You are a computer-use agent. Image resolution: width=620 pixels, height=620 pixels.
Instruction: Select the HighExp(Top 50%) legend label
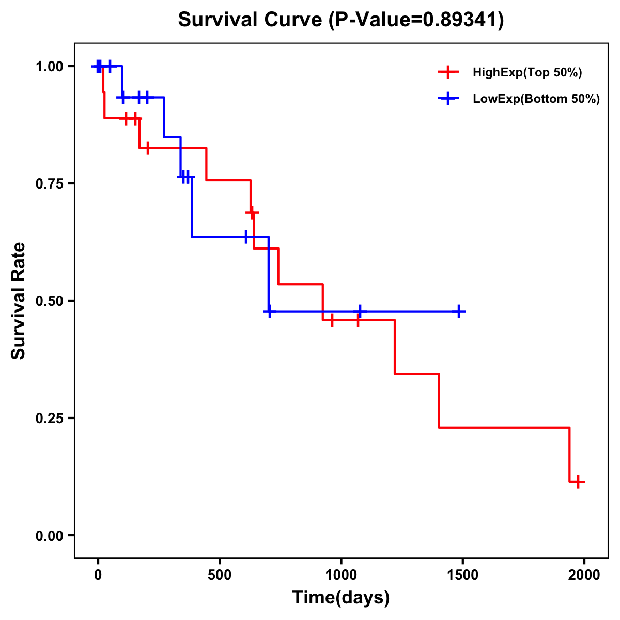[528, 73]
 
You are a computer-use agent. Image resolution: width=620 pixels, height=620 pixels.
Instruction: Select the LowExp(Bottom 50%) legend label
[536, 99]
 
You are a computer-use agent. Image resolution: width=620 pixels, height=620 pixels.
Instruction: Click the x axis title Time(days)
[341, 598]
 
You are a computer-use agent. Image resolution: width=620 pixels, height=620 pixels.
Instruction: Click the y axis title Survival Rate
[19, 301]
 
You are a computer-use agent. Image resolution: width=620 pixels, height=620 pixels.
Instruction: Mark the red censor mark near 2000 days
[579, 482]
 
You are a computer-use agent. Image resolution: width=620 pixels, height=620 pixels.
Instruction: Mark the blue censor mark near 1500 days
[458, 311]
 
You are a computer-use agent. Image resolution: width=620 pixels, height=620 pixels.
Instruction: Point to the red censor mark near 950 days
[332, 320]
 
